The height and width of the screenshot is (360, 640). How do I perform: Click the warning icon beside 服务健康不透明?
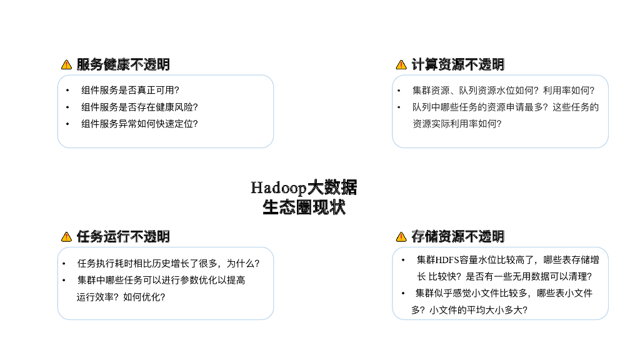(x=66, y=64)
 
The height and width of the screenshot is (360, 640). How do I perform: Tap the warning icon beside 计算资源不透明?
(x=401, y=64)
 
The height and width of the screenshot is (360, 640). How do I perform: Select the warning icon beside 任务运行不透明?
(x=66, y=236)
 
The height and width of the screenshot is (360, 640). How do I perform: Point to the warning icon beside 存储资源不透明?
(x=401, y=236)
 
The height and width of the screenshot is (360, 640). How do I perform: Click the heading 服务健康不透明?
(x=123, y=64)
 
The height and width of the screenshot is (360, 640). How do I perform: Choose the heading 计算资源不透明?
(x=458, y=64)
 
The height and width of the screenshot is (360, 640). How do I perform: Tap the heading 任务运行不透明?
(x=123, y=236)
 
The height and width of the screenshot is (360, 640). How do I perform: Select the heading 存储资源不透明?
(x=458, y=236)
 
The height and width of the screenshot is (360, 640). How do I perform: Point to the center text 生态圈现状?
(x=304, y=207)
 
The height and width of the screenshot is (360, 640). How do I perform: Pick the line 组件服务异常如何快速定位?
(x=139, y=124)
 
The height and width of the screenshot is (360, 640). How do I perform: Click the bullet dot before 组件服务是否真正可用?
(x=67, y=90)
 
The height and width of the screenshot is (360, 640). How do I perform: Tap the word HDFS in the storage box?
(x=447, y=259)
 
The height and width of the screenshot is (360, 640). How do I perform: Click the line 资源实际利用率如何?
(x=457, y=124)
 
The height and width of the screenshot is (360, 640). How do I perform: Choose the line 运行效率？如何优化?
(x=121, y=297)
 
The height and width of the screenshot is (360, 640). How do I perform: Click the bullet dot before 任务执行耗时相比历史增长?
(x=64, y=264)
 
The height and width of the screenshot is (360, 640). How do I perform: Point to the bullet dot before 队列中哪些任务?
(x=399, y=107)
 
